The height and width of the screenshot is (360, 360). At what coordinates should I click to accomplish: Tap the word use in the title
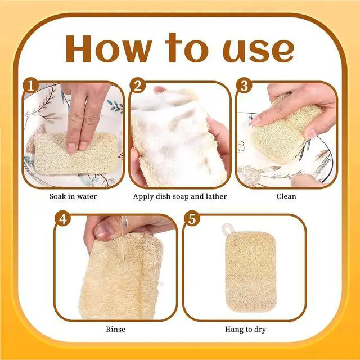point(258,51)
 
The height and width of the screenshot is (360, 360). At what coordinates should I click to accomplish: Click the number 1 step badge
point(31,85)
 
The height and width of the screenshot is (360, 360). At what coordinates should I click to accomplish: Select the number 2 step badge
point(137,85)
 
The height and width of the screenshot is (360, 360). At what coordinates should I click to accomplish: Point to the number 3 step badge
point(244,85)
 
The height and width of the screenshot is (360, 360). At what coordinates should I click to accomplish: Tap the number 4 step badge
point(62,219)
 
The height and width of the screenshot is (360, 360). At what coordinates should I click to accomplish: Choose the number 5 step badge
point(192,219)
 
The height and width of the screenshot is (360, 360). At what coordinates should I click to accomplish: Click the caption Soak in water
point(73,196)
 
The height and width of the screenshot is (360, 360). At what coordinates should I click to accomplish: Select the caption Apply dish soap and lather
point(180,196)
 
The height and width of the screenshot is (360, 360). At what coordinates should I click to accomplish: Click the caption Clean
point(286,196)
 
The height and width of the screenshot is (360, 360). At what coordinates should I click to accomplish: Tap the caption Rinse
point(116,330)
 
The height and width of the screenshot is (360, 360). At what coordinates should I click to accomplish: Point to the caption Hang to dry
point(245,330)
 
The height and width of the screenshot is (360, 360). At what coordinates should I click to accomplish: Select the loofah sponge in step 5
point(251,272)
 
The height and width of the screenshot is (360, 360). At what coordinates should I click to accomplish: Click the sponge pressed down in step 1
point(76,154)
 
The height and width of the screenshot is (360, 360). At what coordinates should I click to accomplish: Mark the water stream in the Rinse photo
point(124,238)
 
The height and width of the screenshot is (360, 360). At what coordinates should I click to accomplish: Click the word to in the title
point(186,48)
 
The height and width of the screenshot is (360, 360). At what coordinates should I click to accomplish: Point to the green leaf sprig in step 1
point(115,106)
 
